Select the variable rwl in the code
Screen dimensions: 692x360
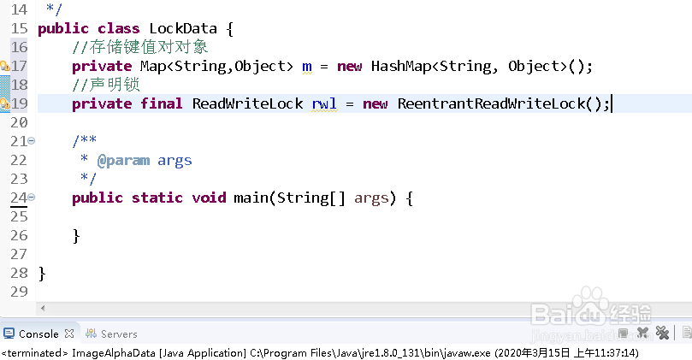[324, 103]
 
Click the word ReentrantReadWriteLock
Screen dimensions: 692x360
[491, 103]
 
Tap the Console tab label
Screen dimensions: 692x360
[38, 333]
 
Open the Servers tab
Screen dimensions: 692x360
[119, 333]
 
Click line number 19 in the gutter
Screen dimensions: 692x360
[19, 103]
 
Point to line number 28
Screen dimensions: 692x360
[19, 273]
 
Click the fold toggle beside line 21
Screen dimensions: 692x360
[32, 141]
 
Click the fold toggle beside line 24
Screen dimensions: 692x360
[32, 198]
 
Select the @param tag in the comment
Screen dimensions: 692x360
[122, 160]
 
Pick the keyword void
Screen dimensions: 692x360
[208, 198]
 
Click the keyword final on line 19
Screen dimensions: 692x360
[162, 103]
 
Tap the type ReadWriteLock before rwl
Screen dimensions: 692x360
[247, 103]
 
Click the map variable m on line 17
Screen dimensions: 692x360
[307, 66]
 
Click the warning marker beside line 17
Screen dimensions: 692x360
[4, 66]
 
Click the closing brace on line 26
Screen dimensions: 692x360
[76, 235]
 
